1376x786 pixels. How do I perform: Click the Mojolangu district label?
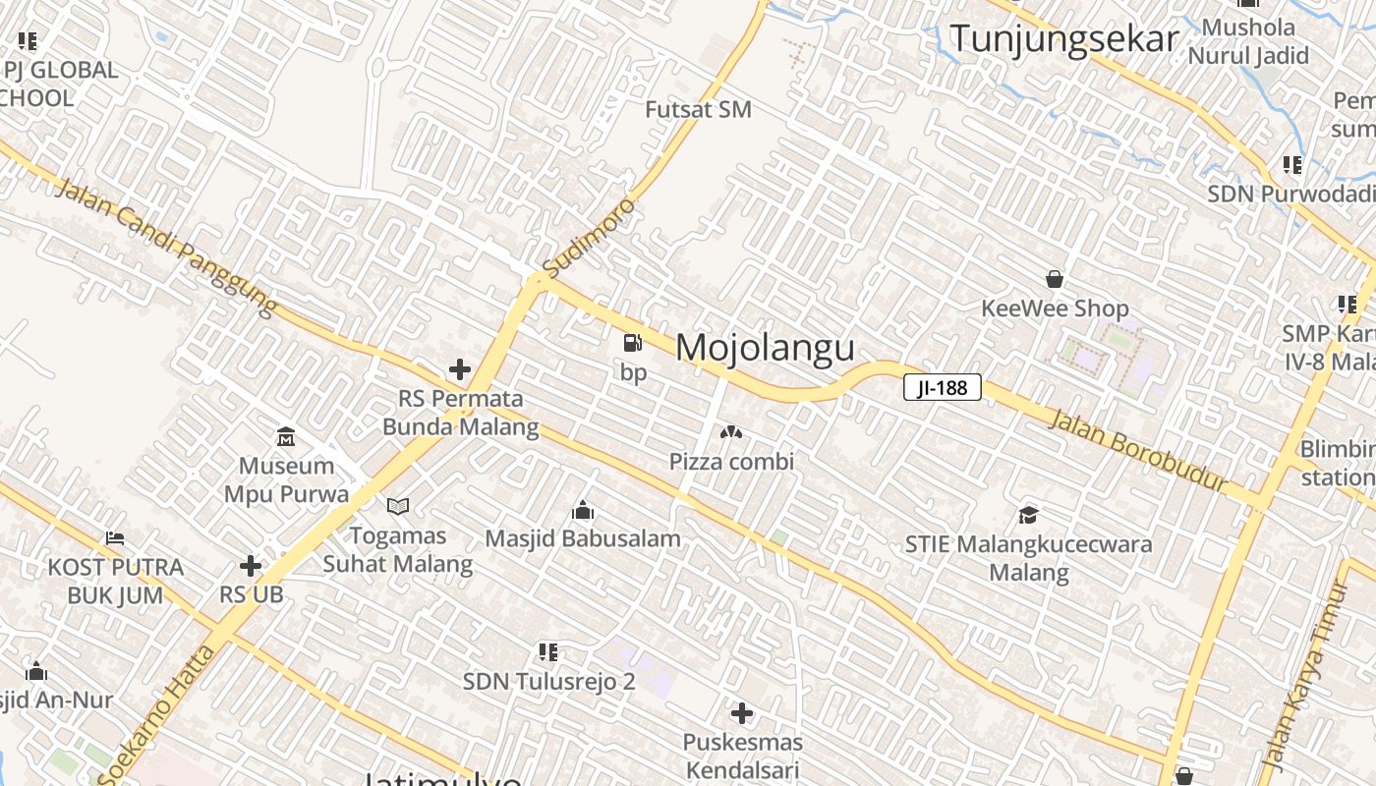click(765, 348)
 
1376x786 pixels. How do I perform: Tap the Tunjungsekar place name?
click(1063, 39)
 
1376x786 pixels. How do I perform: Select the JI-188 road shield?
click(942, 388)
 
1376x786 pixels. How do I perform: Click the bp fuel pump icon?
click(633, 343)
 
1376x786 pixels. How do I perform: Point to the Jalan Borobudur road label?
click(1138, 451)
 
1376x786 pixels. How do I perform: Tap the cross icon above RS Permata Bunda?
click(459, 369)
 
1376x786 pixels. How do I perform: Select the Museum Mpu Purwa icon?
click(286, 435)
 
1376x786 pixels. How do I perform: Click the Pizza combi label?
click(731, 461)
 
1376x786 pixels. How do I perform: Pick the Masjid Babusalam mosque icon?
click(583, 510)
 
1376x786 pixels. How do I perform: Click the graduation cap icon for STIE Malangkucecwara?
click(1028, 514)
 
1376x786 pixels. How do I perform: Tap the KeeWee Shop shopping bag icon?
click(1055, 279)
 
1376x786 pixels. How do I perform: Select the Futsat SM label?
click(698, 109)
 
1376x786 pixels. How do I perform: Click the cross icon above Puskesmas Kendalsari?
click(742, 713)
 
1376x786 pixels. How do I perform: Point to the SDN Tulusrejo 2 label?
click(548, 681)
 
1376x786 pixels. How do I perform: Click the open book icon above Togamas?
click(397, 506)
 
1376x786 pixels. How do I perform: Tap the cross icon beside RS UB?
click(251, 566)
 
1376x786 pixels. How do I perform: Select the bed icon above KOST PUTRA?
click(115, 538)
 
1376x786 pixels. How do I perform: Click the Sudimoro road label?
click(590, 237)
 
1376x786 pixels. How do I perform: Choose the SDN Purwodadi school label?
click(1290, 194)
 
